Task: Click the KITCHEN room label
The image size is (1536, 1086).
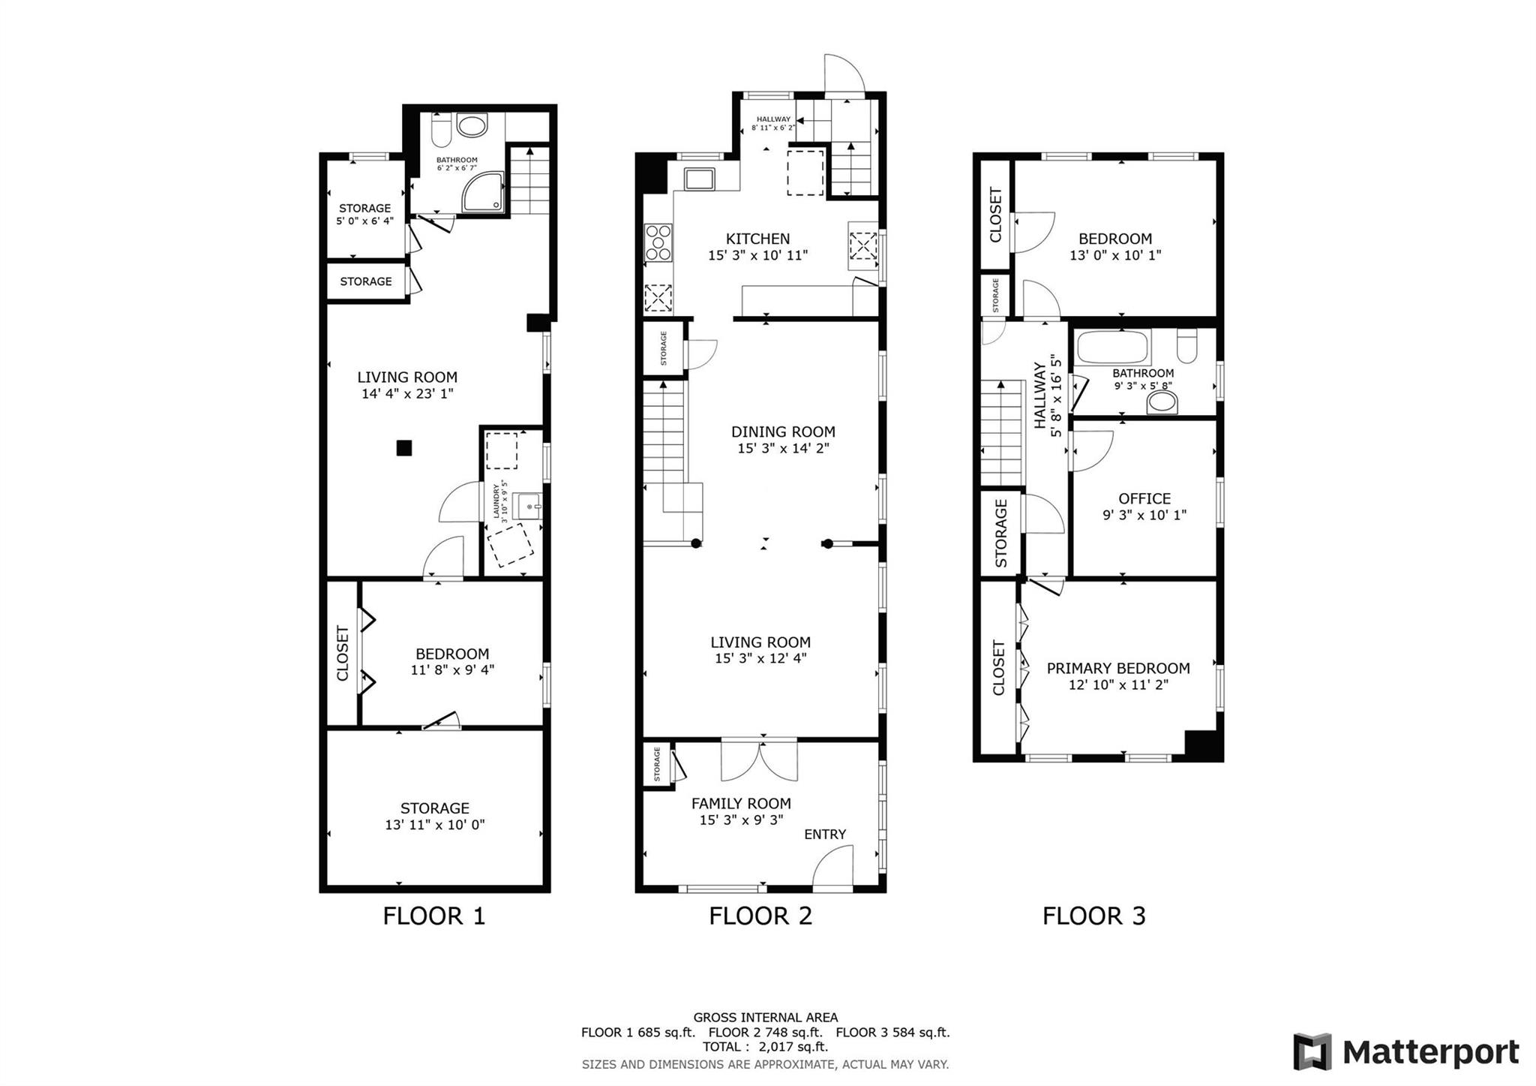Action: pyautogui.click(x=757, y=239)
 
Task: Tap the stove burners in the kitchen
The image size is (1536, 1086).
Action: pyautogui.click(x=658, y=243)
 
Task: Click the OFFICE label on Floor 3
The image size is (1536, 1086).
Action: pyautogui.click(x=1144, y=498)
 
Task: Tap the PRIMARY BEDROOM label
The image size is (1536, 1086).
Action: pyautogui.click(x=1117, y=668)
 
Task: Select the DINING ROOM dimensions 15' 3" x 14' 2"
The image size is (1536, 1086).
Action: pyautogui.click(x=783, y=448)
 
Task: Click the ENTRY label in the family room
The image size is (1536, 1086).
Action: pyautogui.click(x=825, y=834)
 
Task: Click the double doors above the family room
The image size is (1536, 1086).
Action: pyautogui.click(x=759, y=760)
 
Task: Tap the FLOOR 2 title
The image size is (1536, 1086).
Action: pyautogui.click(x=760, y=916)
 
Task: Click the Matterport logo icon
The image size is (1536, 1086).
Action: pyautogui.click(x=1312, y=1051)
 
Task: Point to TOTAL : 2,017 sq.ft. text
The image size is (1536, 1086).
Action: pyautogui.click(x=765, y=1046)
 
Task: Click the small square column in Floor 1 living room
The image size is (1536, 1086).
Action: pyautogui.click(x=404, y=448)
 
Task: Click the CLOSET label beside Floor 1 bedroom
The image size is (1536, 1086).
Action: pyautogui.click(x=343, y=653)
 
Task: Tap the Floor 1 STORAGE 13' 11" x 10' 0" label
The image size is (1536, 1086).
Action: pyautogui.click(x=434, y=816)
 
